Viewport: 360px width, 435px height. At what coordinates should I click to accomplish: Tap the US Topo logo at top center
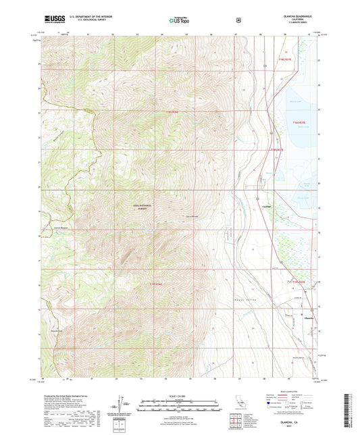[x=179, y=20]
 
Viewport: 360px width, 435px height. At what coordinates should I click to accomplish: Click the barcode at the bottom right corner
[x=347, y=412]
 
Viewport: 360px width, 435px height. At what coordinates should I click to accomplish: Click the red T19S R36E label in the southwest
[x=155, y=285]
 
